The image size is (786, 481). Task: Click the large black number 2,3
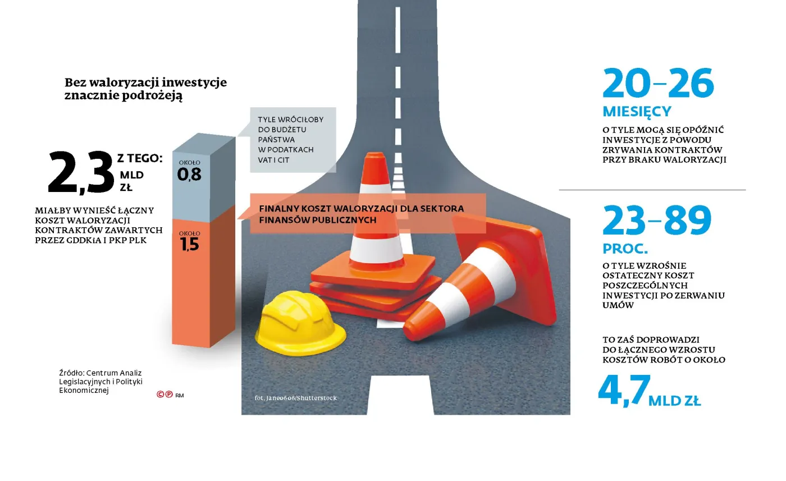point(81,172)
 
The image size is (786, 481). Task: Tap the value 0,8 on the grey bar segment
point(190,175)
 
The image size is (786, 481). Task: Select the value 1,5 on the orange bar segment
point(190,244)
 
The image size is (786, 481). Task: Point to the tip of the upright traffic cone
point(376,153)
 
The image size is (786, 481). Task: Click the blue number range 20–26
point(658,84)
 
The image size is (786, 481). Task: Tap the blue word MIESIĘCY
point(637,112)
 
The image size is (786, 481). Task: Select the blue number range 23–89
point(657,221)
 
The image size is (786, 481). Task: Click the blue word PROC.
point(625,249)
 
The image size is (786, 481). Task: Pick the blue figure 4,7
point(624,391)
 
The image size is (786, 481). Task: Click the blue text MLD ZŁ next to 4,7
point(674,401)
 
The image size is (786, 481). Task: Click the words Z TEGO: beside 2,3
point(140,159)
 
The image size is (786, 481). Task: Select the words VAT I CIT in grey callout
point(274,160)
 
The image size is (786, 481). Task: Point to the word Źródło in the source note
point(71,373)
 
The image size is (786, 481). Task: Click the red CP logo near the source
point(164,395)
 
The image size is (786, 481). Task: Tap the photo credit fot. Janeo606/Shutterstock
point(295,398)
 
